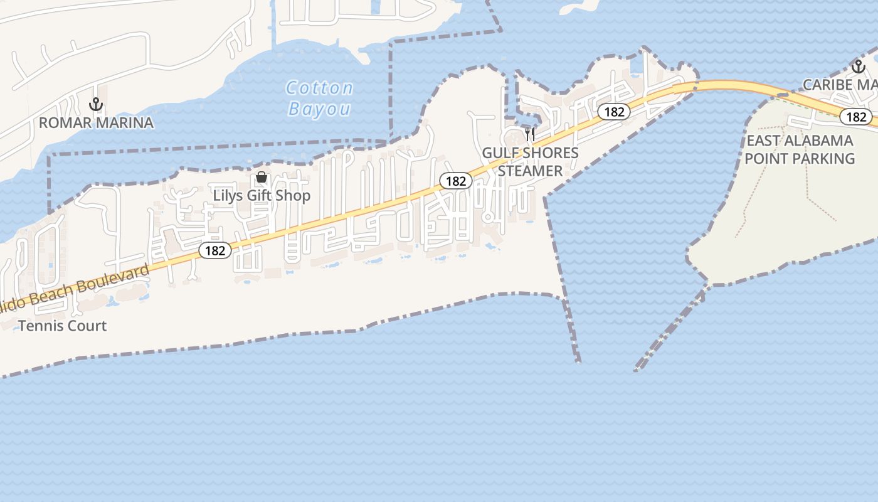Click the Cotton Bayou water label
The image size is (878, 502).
[x=320, y=98]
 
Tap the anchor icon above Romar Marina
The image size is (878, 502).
[x=96, y=104]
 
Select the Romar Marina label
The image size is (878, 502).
[x=96, y=122]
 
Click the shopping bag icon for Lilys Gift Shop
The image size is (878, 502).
[x=262, y=178]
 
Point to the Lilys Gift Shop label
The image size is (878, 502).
[x=262, y=195]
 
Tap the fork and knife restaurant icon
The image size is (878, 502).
[x=530, y=134]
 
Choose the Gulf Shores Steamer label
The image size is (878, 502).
[x=531, y=162]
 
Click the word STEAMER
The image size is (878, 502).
[x=531, y=171]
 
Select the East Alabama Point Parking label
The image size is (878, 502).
[x=800, y=149]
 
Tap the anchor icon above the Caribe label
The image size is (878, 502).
[x=857, y=67]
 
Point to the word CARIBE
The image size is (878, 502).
[x=827, y=85]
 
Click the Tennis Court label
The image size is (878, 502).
[x=63, y=326]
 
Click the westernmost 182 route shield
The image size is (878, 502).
[x=215, y=250]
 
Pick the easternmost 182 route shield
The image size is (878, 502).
[x=856, y=117]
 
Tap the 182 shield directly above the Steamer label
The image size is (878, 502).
[x=613, y=112]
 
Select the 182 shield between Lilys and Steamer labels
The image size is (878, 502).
[x=455, y=181]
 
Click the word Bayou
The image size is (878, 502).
[x=320, y=109]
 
